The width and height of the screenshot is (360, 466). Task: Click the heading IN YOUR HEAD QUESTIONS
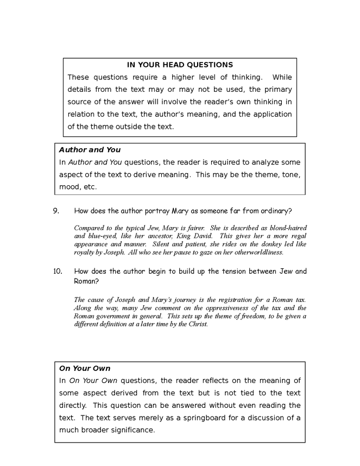pos(180,65)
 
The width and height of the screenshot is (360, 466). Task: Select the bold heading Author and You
pos(90,150)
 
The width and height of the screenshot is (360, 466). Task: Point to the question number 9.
pos(56,211)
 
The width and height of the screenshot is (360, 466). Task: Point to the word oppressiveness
pos(219,308)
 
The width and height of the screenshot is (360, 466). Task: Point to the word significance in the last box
pos(132,430)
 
